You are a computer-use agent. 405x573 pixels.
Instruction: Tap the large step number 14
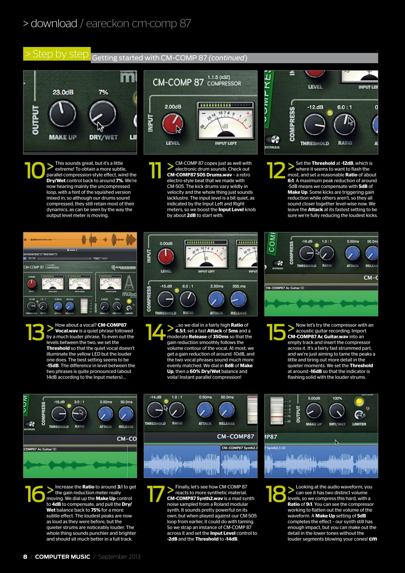155,332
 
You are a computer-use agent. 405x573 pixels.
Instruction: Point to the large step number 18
276,493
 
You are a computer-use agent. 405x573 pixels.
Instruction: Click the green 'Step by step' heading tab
57,54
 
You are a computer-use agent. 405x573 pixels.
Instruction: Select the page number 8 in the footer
25,556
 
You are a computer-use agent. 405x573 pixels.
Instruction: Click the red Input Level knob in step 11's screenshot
172,124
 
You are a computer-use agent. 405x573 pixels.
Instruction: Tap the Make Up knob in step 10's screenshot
63,114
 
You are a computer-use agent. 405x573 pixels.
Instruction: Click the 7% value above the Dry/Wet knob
103,92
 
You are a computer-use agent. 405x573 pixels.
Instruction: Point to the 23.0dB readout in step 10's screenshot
63,92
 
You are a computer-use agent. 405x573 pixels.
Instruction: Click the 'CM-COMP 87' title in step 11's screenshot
178,82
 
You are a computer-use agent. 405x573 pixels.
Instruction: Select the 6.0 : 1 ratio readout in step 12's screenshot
346,107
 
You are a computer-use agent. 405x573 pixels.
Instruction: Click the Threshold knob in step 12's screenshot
315,125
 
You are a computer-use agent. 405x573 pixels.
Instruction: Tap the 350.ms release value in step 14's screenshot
238,285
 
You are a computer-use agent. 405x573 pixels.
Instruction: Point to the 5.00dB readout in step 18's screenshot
314,398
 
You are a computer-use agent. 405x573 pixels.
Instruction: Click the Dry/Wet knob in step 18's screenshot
337,411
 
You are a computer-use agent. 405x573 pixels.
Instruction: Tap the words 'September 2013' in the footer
119,556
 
